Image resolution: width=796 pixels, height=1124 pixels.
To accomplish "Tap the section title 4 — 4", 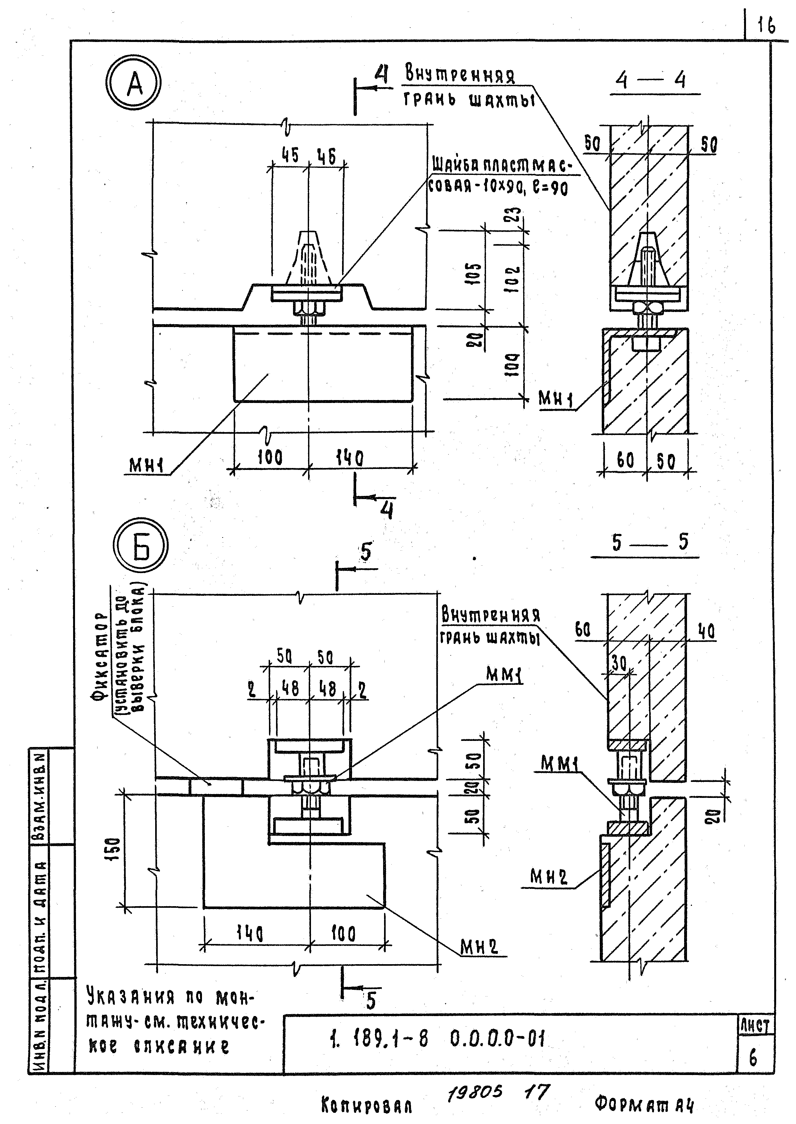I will (x=650, y=80).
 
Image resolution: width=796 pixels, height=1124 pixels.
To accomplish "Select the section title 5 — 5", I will (x=649, y=543).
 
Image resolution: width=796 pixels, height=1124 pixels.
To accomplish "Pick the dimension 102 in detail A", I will (x=513, y=279).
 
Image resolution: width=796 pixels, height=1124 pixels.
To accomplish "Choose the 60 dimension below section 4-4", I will (x=625, y=460).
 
